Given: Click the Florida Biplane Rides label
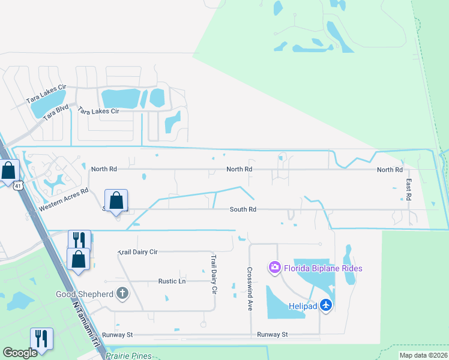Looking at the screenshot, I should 323,268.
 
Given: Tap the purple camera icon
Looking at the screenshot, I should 275,267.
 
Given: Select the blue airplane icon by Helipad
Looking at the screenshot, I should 326,305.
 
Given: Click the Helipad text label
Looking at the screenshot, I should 302,306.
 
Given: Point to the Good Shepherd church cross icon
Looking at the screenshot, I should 122,293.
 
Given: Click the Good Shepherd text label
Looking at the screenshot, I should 85,294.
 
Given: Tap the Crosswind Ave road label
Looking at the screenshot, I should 250,289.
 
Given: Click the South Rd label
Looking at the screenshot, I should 243,209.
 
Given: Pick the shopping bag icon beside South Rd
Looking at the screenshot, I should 116,200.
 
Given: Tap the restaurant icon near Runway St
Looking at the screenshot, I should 41,339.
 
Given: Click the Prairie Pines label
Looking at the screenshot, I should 129,356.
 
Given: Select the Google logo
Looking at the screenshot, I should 20,353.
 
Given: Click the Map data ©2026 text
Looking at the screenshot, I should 423,355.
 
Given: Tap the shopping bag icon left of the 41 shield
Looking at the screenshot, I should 8,171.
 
